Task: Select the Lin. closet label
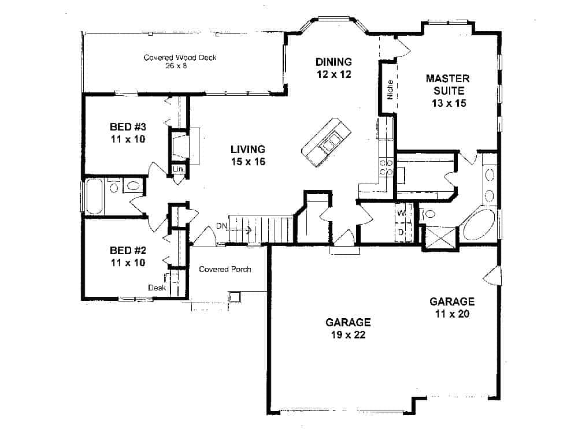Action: [179, 169]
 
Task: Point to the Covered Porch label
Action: [225, 269]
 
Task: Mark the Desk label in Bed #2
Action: [157, 287]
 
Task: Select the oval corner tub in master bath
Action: [478, 225]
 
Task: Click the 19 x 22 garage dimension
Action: [347, 334]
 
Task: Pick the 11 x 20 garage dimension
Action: [451, 314]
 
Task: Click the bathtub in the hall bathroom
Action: [94, 197]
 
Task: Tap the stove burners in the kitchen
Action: [386, 167]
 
